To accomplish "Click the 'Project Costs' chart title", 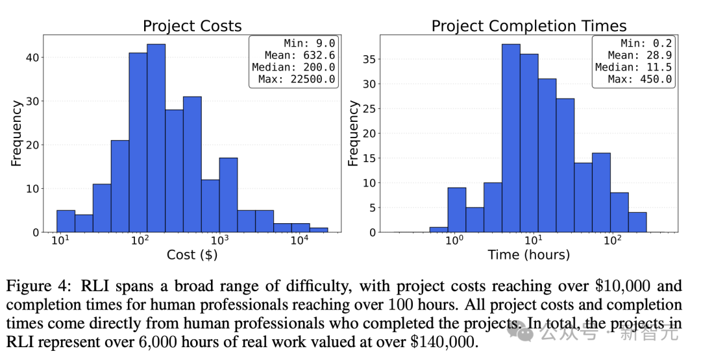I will pyautogui.click(x=192, y=26).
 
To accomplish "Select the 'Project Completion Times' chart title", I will pyautogui.click(x=529, y=26).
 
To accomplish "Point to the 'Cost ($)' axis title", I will pyautogui.click(x=192, y=255).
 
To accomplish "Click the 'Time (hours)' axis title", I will pyautogui.click(x=528, y=255).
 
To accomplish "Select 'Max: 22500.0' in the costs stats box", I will pyautogui.click(x=300, y=79).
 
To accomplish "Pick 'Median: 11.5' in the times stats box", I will pyautogui.click(x=633, y=67).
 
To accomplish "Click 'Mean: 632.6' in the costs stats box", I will pyautogui.click(x=300, y=56).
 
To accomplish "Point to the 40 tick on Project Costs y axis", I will pyautogui.click(x=32, y=58).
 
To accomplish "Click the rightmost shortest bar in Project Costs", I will pyautogui.click(x=319, y=229).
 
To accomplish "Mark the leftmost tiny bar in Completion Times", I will pyautogui.click(x=439, y=229).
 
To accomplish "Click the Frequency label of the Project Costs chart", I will pyautogui.click(x=16, y=133).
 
